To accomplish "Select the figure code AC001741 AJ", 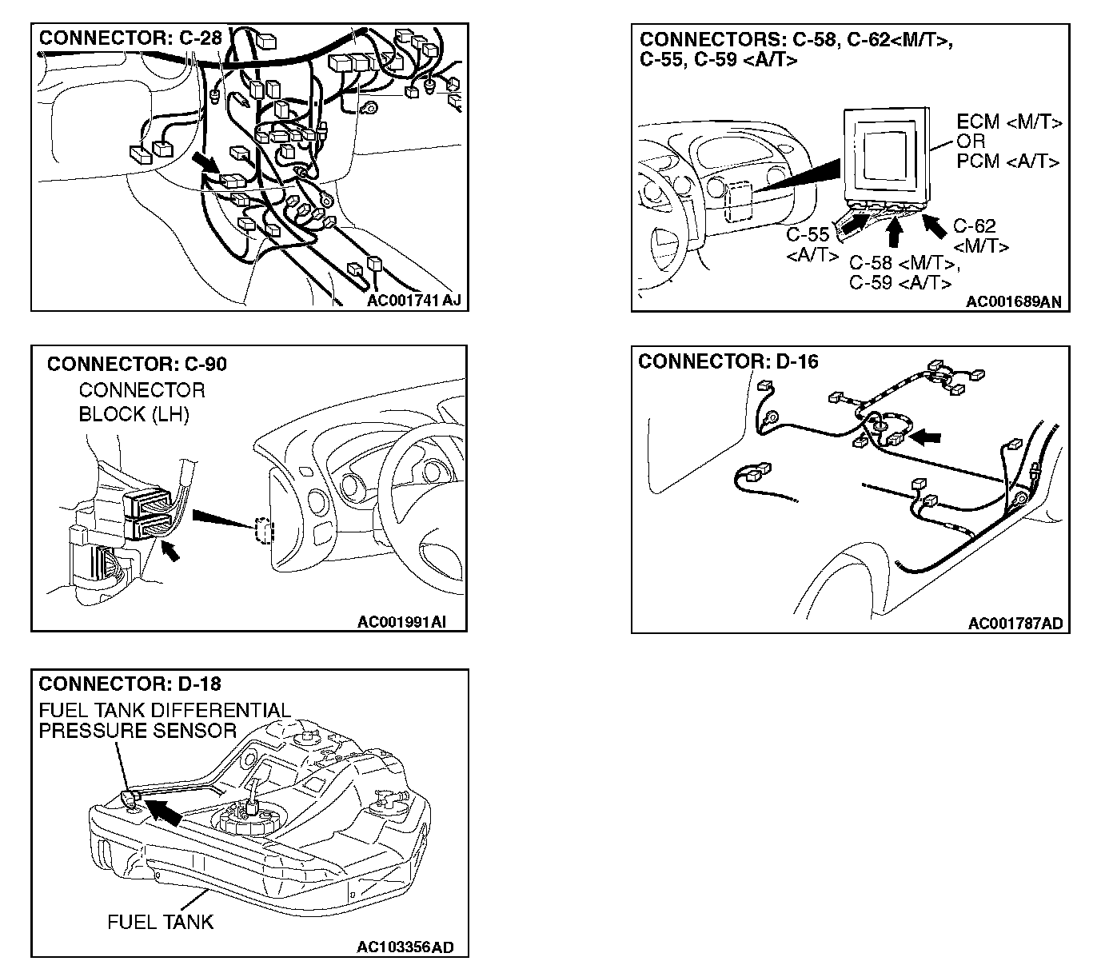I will tap(414, 301).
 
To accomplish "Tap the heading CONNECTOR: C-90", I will tap(137, 365).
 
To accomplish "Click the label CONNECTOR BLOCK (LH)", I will tap(141, 402).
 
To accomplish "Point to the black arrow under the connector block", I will tap(170, 551).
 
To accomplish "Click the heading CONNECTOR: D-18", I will tap(130, 684).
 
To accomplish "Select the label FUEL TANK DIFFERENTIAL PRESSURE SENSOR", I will tap(164, 720).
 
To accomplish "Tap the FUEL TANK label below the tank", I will tap(161, 922).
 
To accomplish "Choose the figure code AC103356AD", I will tap(405, 948).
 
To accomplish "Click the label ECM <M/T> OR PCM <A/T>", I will tap(1008, 142).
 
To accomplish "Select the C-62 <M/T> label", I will tap(979, 237).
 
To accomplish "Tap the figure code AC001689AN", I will tap(1013, 302).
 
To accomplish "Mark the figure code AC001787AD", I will tap(1015, 624).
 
